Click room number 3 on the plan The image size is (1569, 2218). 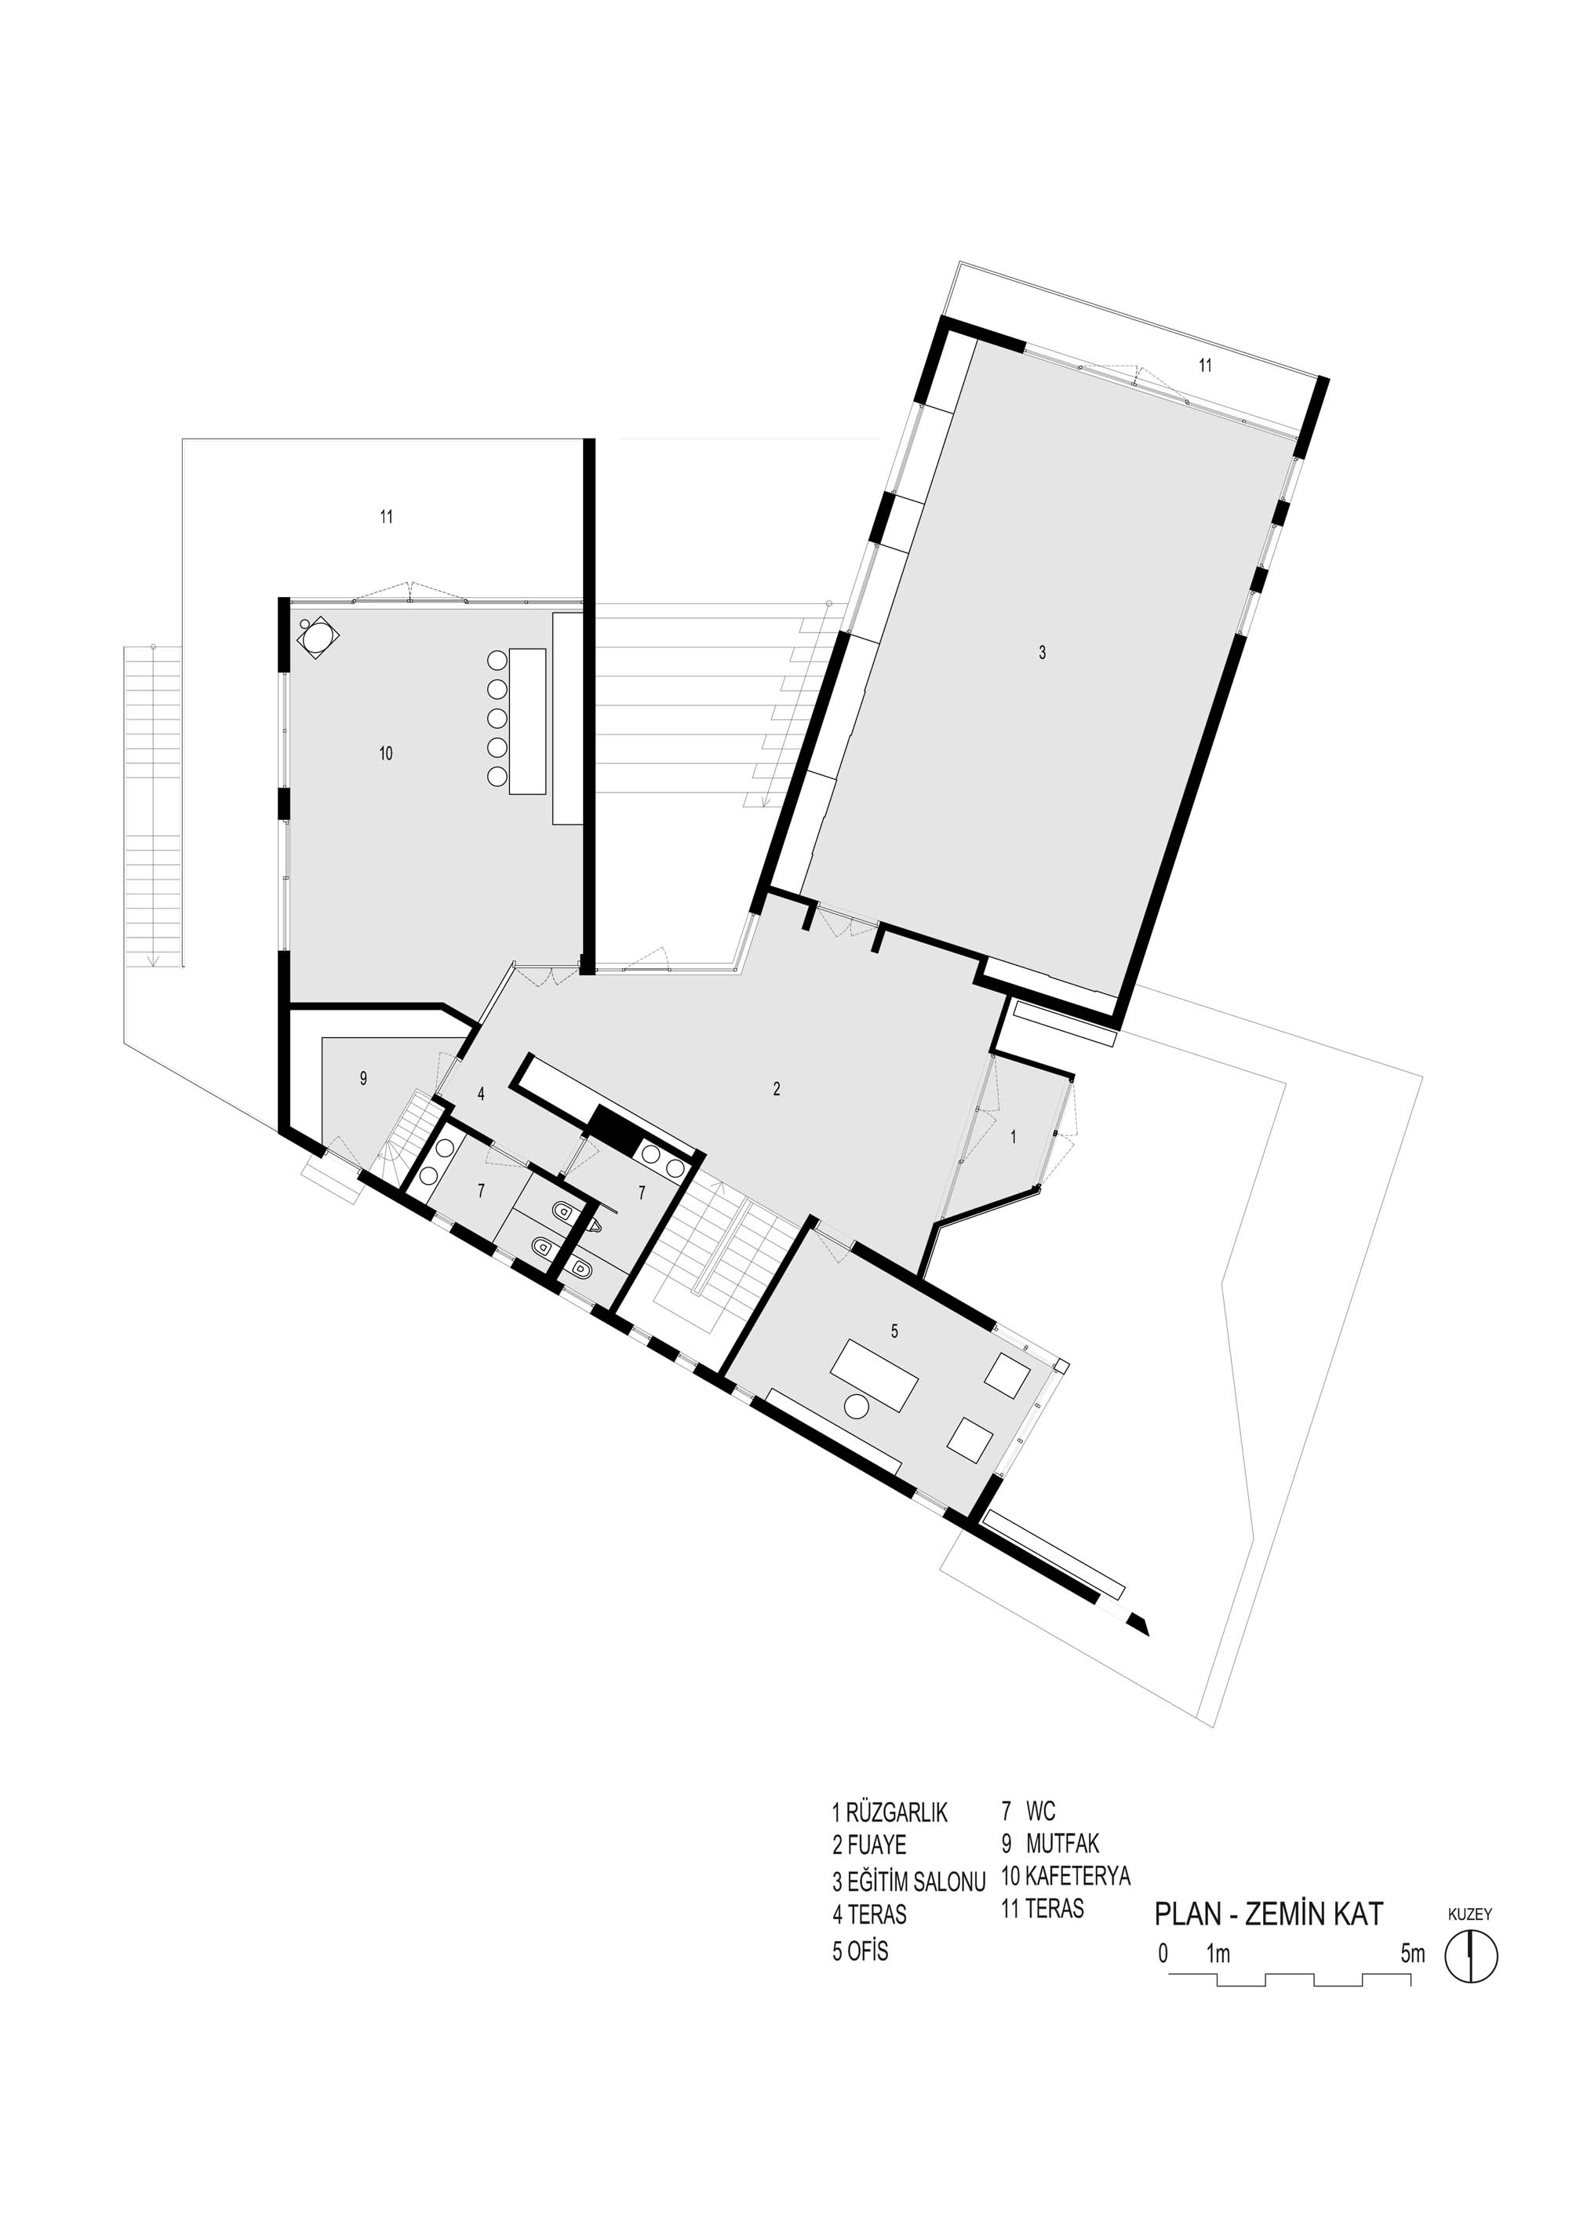[x=1042, y=653]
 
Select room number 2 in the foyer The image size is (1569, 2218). [x=777, y=1089]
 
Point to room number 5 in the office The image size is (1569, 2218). [x=894, y=1331]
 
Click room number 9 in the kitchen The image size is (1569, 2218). [x=363, y=1079]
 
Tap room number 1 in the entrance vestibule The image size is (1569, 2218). [x=1014, y=1137]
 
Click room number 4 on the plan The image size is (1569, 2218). [x=480, y=1094]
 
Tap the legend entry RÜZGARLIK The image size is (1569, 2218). [x=897, y=1812]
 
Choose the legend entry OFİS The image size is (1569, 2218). [x=868, y=1950]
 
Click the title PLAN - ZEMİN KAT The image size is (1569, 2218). [x=1269, y=1914]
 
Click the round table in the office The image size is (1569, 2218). [x=857, y=1407]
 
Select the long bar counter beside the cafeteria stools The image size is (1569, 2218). [x=527, y=722]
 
